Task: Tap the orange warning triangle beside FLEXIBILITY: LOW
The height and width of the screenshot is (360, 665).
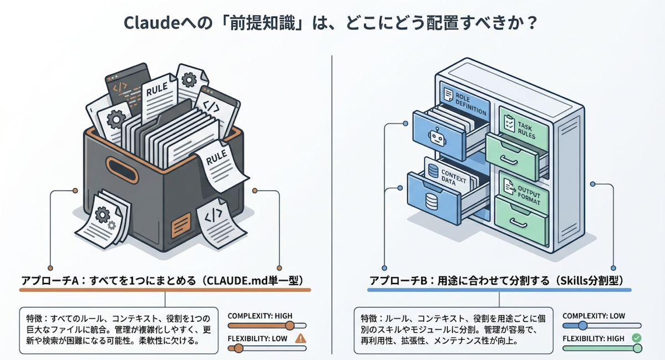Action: click(x=301, y=338)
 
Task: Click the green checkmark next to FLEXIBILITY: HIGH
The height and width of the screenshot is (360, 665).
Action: click(x=636, y=337)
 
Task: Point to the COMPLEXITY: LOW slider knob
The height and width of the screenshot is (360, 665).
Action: click(x=582, y=326)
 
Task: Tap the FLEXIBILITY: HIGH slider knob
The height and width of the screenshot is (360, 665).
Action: click(x=637, y=348)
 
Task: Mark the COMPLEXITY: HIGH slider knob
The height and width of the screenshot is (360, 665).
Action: click(x=289, y=326)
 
